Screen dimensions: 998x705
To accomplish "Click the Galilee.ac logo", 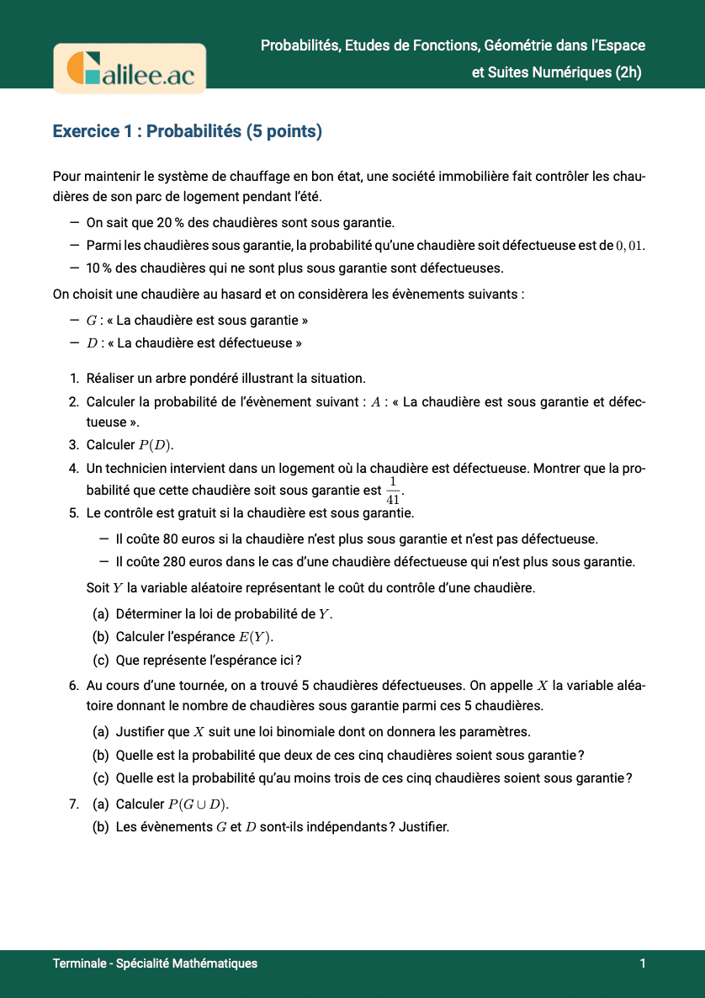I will tap(130, 68).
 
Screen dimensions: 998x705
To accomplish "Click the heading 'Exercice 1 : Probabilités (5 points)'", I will tap(188, 131).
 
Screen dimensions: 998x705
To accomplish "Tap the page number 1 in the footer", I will tap(643, 963).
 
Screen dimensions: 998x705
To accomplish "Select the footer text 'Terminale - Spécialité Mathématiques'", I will tap(155, 963).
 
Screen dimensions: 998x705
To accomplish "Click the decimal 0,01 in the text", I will tap(630, 246).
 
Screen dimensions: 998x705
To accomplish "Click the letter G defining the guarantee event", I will tap(92, 321).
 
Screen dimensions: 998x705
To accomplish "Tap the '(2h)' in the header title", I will tap(628, 72).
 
